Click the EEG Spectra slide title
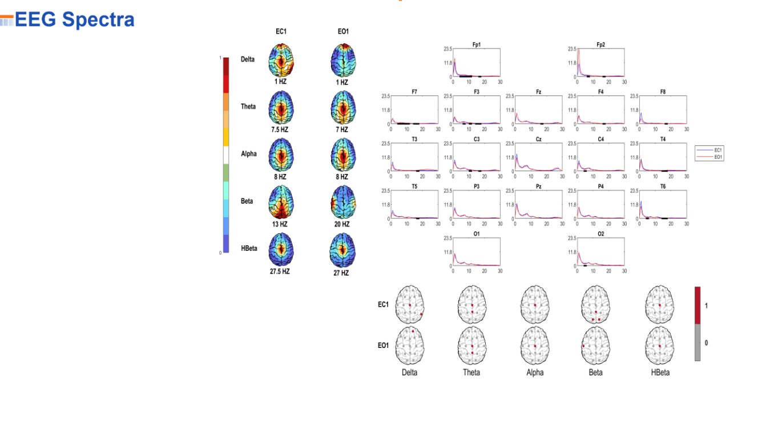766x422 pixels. (x=74, y=20)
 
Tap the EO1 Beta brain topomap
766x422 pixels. (x=342, y=204)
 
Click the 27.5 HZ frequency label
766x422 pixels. (x=280, y=271)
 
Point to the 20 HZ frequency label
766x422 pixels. (x=342, y=224)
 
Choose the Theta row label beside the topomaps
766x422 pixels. (x=248, y=107)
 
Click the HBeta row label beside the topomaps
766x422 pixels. (x=249, y=248)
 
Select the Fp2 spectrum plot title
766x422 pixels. (x=600, y=44)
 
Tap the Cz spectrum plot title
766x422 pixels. (x=538, y=139)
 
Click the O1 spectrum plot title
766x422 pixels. (x=476, y=234)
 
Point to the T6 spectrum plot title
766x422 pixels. (x=663, y=186)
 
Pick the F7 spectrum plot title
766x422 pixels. (x=414, y=92)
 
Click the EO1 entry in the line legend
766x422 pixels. (x=718, y=157)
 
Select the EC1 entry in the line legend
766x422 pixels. (x=718, y=150)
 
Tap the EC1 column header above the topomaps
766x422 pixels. (x=281, y=31)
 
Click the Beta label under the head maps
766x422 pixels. (x=595, y=372)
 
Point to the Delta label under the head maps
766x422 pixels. (x=409, y=372)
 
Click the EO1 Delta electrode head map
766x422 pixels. (x=409, y=346)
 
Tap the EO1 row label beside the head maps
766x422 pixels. (x=383, y=345)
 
